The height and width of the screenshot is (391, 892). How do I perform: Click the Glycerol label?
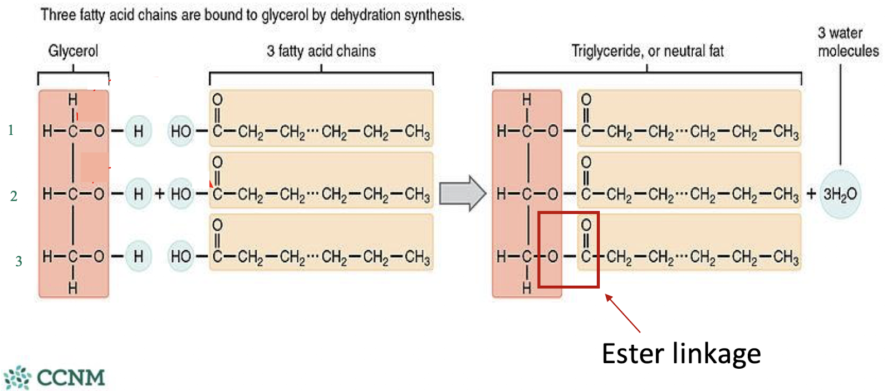(73, 51)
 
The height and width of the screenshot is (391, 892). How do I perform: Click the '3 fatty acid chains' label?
(321, 51)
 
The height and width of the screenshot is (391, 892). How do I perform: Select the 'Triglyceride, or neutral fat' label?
(647, 51)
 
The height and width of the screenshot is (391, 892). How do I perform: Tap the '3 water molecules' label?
(847, 42)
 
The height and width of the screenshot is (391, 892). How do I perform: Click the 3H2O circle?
(840, 194)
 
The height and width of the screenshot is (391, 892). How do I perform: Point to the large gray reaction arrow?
(462, 193)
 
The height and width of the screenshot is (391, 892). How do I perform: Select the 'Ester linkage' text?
(681, 354)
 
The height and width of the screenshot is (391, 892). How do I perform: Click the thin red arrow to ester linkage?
(623, 314)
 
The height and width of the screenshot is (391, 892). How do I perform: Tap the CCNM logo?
(55, 377)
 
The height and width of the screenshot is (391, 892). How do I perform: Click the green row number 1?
(11, 130)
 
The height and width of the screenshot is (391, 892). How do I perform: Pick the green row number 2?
(13, 196)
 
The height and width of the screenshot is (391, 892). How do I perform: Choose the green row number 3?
(18, 261)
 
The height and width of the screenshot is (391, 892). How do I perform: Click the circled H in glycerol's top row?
(138, 131)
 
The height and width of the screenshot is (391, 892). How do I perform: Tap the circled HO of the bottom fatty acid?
(181, 256)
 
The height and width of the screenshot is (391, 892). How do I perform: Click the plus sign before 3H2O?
(811, 194)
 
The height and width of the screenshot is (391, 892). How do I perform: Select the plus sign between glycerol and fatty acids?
(160, 194)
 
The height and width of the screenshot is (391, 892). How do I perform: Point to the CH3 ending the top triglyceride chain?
(786, 132)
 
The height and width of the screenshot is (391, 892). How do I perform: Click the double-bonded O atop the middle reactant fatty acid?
(217, 162)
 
